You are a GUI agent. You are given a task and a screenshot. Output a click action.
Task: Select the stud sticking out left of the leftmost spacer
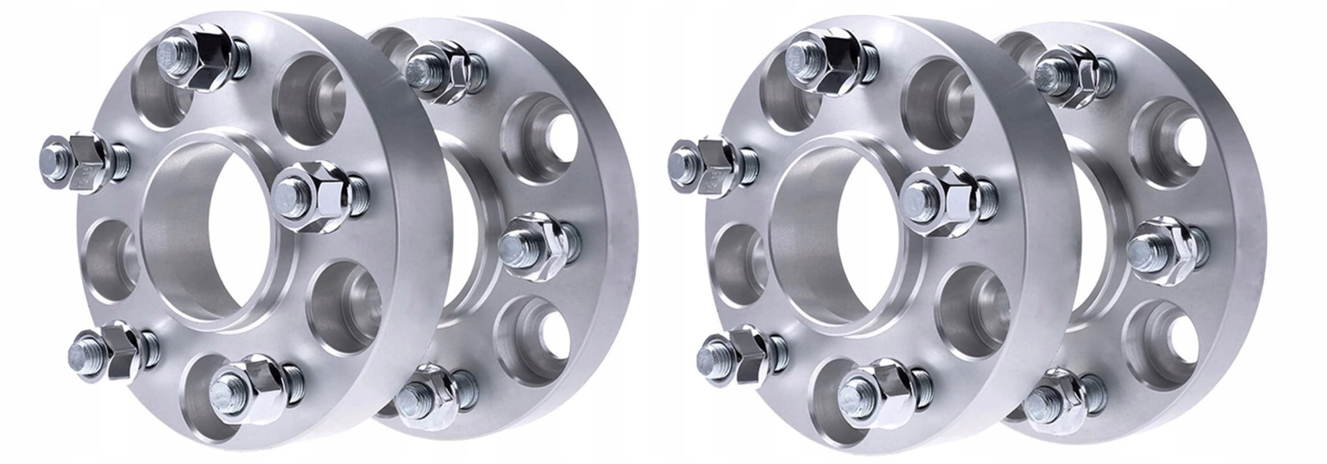tap(79, 162)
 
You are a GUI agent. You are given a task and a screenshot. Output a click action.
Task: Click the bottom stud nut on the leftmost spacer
tap(249, 389)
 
